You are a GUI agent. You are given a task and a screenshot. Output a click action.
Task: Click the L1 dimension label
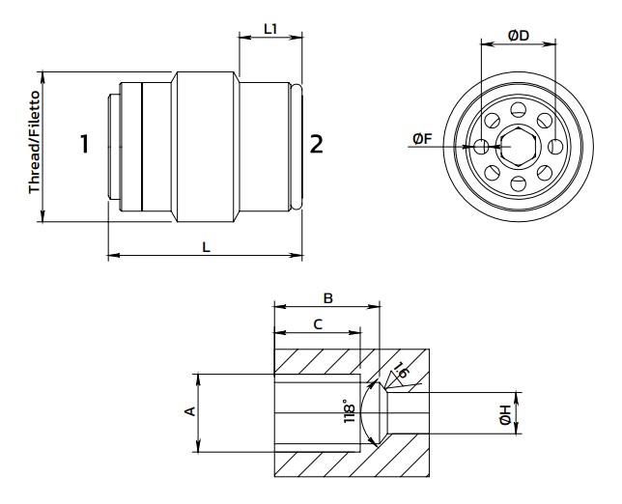pyautogui.click(x=270, y=29)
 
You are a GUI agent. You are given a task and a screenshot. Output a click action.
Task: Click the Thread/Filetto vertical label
pyautogui.click(x=35, y=142)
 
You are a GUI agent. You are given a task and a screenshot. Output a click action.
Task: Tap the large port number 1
pyautogui.click(x=84, y=144)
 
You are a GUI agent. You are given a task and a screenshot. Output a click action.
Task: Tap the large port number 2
pyautogui.click(x=316, y=144)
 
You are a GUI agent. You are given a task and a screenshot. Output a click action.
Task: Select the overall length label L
pyautogui.click(x=206, y=247)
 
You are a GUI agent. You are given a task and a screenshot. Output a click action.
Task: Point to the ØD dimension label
pyautogui.click(x=519, y=36)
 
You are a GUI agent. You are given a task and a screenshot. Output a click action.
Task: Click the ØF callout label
pyautogui.click(x=422, y=139)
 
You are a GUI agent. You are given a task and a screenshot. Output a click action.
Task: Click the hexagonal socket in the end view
pyautogui.click(x=519, y=147)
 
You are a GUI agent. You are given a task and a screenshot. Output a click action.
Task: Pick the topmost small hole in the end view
pyautogui.click(x=518, y=109)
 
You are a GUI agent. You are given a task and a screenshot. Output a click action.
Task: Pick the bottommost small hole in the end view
pyautogui.click(x=518, y=184)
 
